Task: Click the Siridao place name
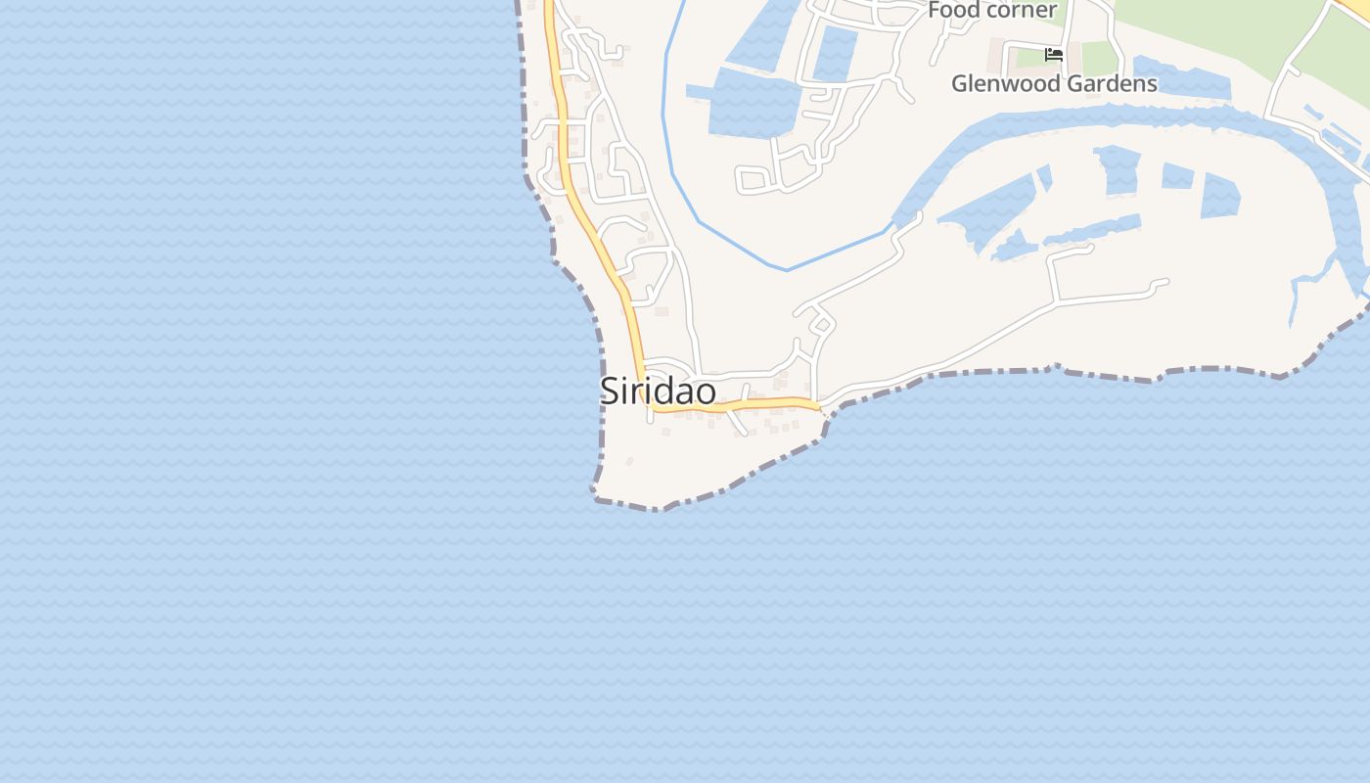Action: pos(657,391)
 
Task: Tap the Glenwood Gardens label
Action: pos(1054,84)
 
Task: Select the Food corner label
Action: pos(991,10)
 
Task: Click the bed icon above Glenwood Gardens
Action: pos(1054,55)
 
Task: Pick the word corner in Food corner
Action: pos(1021,10)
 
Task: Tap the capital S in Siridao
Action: pos(609,391)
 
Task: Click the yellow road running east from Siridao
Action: pos(763,404)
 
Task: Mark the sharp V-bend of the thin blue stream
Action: pos(786,269)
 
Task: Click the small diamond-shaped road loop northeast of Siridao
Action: pos(822,324)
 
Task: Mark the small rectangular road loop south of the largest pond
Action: pos(753,179)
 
